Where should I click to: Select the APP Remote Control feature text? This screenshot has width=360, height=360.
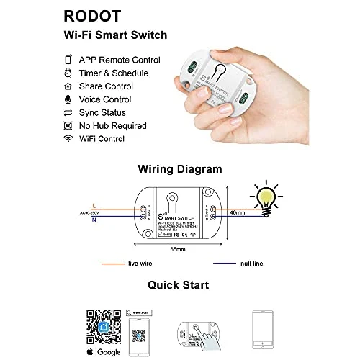[x=119, y=60]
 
